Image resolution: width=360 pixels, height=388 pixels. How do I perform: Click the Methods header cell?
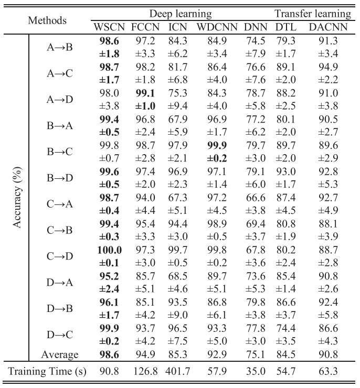click(48, 20)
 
